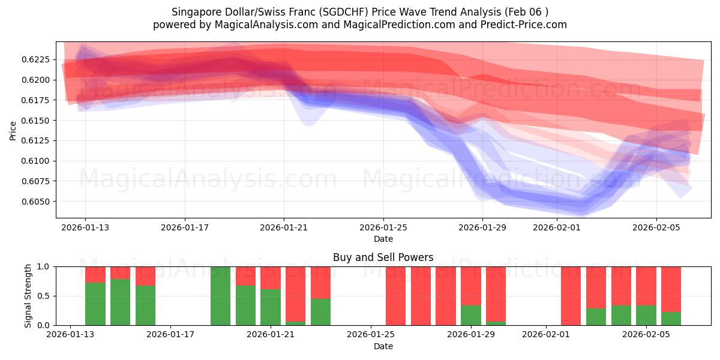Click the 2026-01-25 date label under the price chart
click(x=383, y=227)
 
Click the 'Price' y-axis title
click(x=13, y=130)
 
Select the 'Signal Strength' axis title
click(x=28, y=296)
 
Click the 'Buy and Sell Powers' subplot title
click(x=383, y=258)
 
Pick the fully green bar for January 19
click(x=221, y=296)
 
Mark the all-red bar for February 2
click(x=571, y=296)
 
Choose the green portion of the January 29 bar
click(x=471, y=316)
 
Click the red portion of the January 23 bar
click(x=321, y=282)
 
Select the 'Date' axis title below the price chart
click(x=383, y=239)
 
